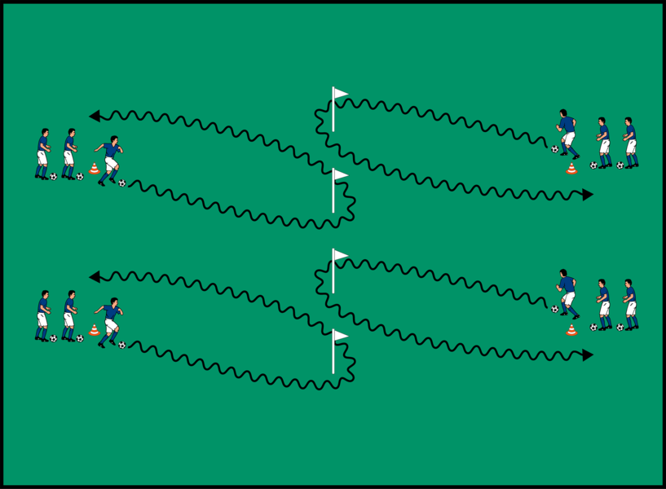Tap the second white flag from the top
coord(339,175)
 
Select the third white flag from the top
coord(339,255)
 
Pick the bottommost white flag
coord(339,336)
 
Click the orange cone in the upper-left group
coord(94,169)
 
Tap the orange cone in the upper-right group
coord(571,169)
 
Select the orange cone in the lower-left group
coord(94,330)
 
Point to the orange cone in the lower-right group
coord(571,330)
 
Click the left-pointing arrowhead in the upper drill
coord(95,116)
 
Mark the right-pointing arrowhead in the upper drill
coord(588,195)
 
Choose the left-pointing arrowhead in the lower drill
coord(95,277)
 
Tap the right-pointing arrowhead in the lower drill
coord(588,355)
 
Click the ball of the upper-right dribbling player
coord(555,149)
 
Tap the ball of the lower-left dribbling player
coord(122,345)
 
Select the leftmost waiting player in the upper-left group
coord(42,153)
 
